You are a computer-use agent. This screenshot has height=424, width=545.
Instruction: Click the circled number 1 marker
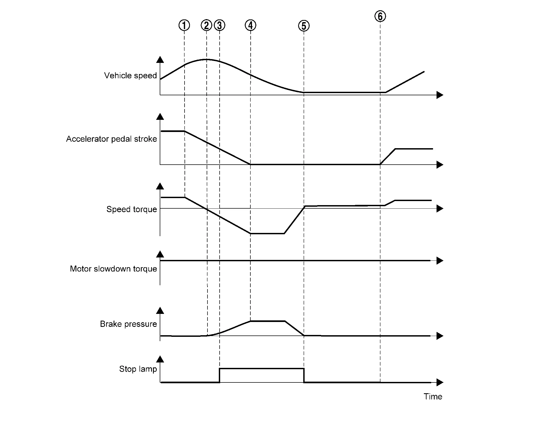[184, 25]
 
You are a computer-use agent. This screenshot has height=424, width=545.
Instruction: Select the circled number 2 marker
[206, 25]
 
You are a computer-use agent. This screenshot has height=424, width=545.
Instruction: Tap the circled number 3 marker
[220, 25]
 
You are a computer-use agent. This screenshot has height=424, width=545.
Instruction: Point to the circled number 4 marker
[250, 25]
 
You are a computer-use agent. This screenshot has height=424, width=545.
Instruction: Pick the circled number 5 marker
[304, 26]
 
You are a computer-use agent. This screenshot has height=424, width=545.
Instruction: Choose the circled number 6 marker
[380, 16]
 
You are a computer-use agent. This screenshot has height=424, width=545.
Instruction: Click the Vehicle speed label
[130, 76]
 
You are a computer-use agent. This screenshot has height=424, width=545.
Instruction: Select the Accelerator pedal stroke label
[111, 139]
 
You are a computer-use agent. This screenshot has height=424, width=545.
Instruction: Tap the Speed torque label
[132, 209]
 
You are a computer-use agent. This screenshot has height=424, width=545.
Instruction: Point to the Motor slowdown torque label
[113, 269]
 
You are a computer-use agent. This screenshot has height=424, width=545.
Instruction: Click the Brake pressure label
[128, 324]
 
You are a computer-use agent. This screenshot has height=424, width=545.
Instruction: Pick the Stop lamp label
[138, 369]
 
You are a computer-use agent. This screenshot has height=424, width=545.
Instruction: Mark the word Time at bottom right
[433, 396]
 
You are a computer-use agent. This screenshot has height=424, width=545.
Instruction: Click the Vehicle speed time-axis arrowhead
[440, 95]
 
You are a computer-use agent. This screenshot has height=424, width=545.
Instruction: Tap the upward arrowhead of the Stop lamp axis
[160, 359]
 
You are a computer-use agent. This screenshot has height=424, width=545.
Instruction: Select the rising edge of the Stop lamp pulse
[219, 375]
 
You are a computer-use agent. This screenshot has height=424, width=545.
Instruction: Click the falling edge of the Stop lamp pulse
[304, 375]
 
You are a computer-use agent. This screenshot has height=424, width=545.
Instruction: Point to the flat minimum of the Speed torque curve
[267, 233]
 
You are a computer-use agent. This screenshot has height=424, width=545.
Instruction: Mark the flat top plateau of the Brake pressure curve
[268, 321]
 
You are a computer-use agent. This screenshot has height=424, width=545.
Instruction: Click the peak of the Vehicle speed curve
[206, 59]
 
